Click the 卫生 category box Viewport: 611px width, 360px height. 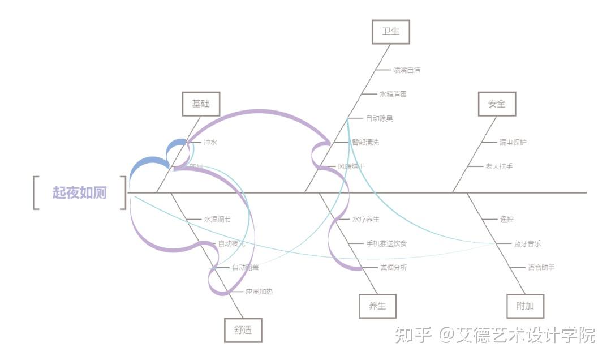point(390,32)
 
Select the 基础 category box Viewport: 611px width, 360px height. point(201,104)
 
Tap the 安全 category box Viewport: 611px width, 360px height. point(497,104)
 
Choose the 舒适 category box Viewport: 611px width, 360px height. point(243,330)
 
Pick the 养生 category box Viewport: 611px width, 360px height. point(377,306)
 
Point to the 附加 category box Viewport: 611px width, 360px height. point(526,306)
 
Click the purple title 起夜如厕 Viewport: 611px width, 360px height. point(80,192)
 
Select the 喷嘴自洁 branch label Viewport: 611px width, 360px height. point(407,70)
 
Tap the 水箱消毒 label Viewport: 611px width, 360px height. point(393,94)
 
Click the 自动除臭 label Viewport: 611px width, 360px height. point(379,118)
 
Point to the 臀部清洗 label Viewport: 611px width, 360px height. point(365,142)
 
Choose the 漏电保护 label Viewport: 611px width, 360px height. point(513,142)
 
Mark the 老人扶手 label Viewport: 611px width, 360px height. point(499,166)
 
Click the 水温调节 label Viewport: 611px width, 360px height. point(217,219)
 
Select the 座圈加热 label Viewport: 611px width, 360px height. point(259,292)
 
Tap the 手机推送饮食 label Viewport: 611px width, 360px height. point(386,243)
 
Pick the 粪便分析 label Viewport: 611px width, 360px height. point(393,267)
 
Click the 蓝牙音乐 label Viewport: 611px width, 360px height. point(527,243)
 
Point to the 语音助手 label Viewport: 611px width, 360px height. point(541,267)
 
